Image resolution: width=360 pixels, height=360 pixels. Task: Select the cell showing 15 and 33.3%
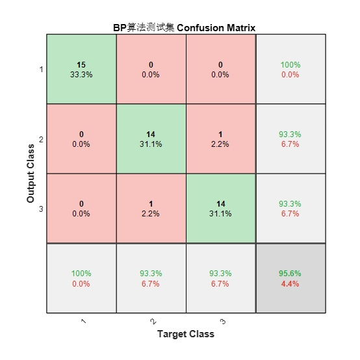[81, 69]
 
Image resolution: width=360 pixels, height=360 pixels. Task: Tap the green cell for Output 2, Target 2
[151, 138]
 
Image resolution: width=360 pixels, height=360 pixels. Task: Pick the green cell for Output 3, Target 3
[221, 209]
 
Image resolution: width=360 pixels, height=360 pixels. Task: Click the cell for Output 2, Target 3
[221, 138]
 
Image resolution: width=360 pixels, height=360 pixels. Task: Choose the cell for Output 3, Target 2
[151, 209]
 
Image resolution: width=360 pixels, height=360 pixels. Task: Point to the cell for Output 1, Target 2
[151, 69]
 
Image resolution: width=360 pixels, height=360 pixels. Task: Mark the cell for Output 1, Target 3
[221, 69]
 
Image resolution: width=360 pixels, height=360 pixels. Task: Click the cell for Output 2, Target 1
[81, 138]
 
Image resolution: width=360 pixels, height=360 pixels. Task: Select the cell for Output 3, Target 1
[81, 209]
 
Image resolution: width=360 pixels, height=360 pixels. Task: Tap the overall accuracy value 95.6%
[290, 273]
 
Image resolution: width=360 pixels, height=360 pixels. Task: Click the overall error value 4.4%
[290, 284]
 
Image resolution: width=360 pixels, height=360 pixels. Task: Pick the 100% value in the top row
[290, 65]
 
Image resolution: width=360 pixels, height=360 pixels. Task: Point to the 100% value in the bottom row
[81, 273]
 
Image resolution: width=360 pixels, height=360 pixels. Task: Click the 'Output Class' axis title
[31, 174]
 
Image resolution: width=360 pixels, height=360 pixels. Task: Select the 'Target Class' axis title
[186, 334]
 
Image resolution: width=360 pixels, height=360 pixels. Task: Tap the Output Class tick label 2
[41, 139]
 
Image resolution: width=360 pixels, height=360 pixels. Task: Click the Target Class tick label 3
[223, 322]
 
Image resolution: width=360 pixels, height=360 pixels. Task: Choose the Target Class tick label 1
[84, 321]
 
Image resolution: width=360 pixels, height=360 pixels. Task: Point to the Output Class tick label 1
[42, 70]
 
